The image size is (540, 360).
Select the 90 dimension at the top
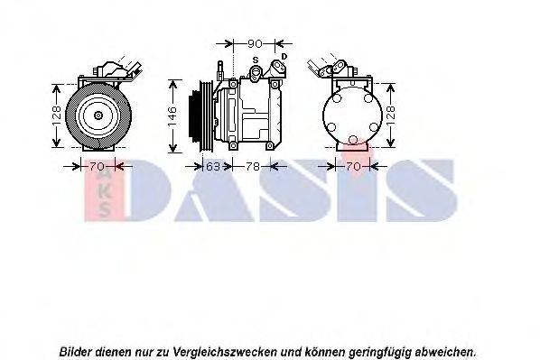[x=255, y=43]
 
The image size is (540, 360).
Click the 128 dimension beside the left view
[x=55, y=115]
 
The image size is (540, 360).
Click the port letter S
[x=256, y=60]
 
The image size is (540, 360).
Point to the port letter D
[x=284, y=57]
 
